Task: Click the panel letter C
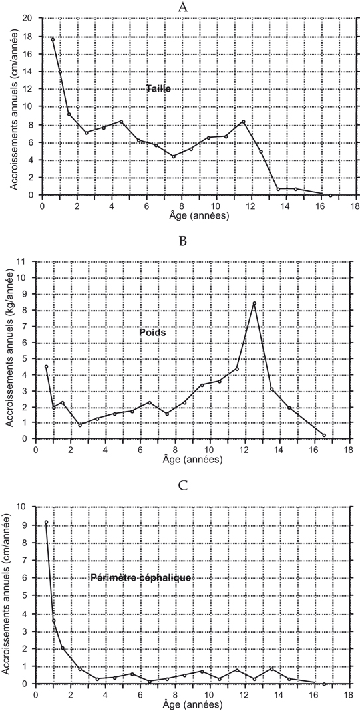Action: (183, 486)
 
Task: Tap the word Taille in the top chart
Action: (158, 89)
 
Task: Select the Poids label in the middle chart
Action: (152, 333)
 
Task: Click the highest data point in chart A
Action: (53, 39)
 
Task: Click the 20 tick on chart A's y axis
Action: (33, 18)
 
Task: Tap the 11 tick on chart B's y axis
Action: (27, 261)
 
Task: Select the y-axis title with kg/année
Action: (10, 351)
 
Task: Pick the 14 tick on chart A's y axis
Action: (33, 71)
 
